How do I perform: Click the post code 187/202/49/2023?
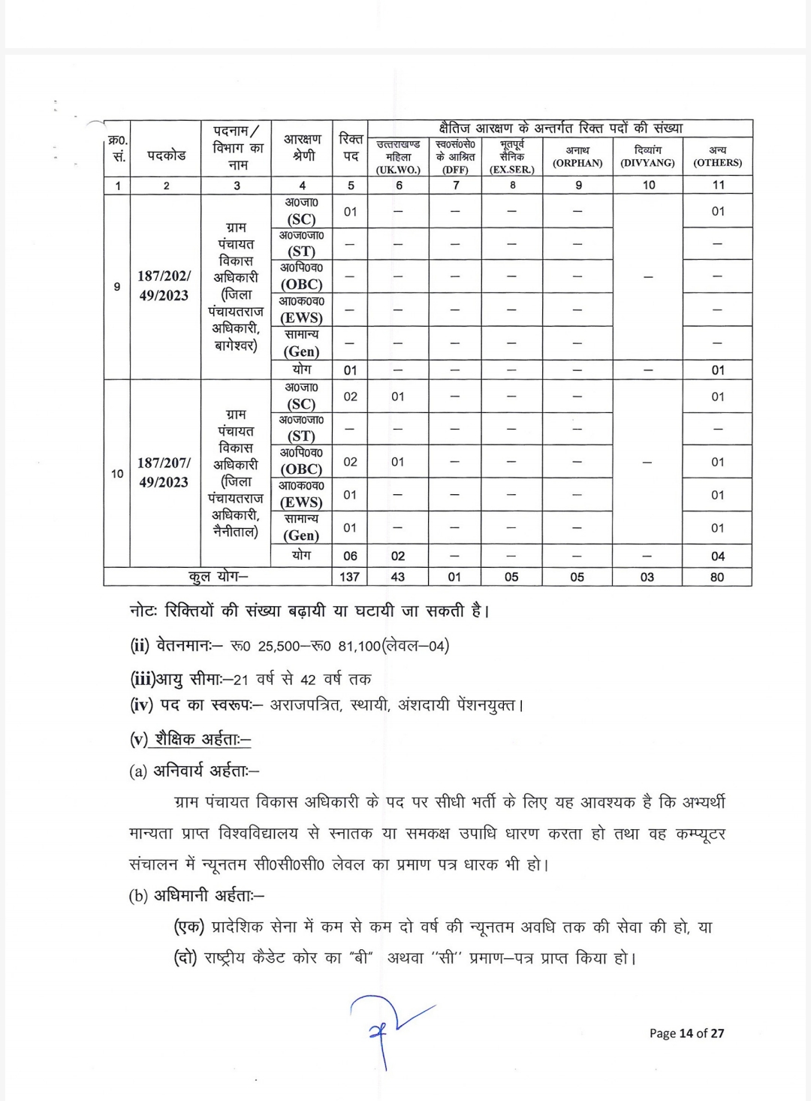coord(164,285)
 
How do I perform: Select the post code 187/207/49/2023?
coord(164,472)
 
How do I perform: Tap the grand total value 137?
coord(350,577)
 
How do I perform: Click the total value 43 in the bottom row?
coord(398,577)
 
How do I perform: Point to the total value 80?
coord(717,577)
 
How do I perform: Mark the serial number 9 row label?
coord(117,286)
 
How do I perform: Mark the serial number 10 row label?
coord(117,473)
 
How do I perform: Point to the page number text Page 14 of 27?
coord(686,1033)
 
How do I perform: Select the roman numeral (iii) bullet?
coord(143,679)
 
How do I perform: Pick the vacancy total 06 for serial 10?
coord(350,556)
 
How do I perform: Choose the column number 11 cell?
coord(717,185)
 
